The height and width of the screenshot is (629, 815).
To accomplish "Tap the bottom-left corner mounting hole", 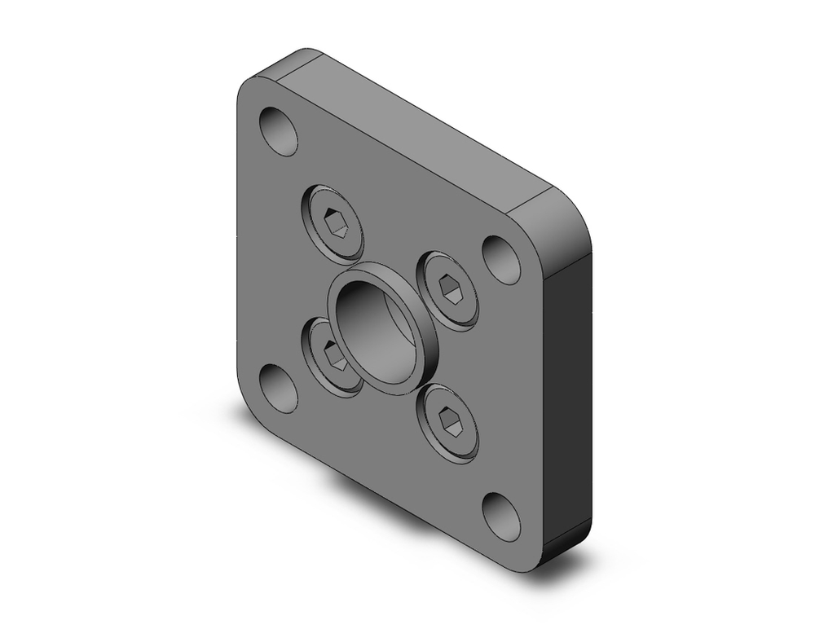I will [279, 388].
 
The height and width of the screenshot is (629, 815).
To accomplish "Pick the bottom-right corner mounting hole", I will [501, 517].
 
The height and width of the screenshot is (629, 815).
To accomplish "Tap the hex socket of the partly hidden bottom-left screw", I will [333, 354].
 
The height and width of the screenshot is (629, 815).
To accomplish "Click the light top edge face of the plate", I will [407, 122].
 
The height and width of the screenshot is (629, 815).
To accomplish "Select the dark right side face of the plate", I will [570, 391].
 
